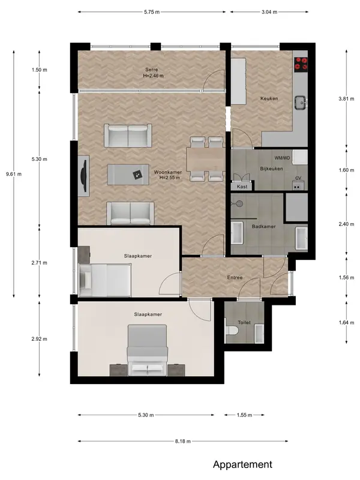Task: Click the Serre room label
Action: coord(152,70)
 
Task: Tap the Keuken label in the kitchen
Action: coord(269,98)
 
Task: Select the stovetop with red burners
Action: coord(301,64)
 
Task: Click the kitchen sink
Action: coord(301,103)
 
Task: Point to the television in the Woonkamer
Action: coord(83,175)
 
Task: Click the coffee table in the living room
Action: coord(128,175)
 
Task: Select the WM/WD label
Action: coord(282,158)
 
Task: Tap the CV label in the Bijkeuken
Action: coord(298,178)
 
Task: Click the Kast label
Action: coord(242,187)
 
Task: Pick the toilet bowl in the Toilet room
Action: coord(232,331)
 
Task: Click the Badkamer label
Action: coord(263,226)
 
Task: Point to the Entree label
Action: coord(235,277)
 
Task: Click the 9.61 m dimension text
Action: coord(14,174)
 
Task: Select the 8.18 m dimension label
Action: coord(183,441)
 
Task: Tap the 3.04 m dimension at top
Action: coord(269,12)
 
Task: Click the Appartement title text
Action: coord(242,464)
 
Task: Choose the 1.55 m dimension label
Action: coord(244,415)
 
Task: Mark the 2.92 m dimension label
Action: coord(39,339)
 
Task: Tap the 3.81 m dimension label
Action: coord(346,98)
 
